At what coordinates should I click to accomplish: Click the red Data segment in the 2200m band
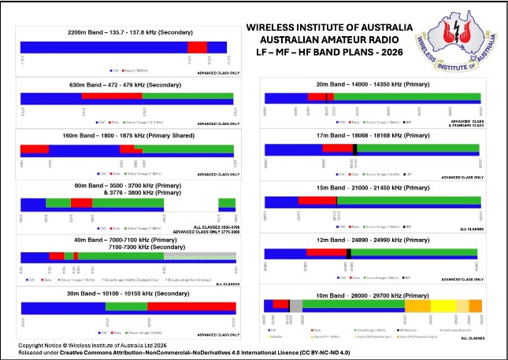click(198, 47)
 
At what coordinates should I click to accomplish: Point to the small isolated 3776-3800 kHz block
click(227, 203)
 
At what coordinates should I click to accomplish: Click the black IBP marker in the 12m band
click(348, 252)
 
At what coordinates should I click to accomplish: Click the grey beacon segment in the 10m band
click(296, 305)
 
